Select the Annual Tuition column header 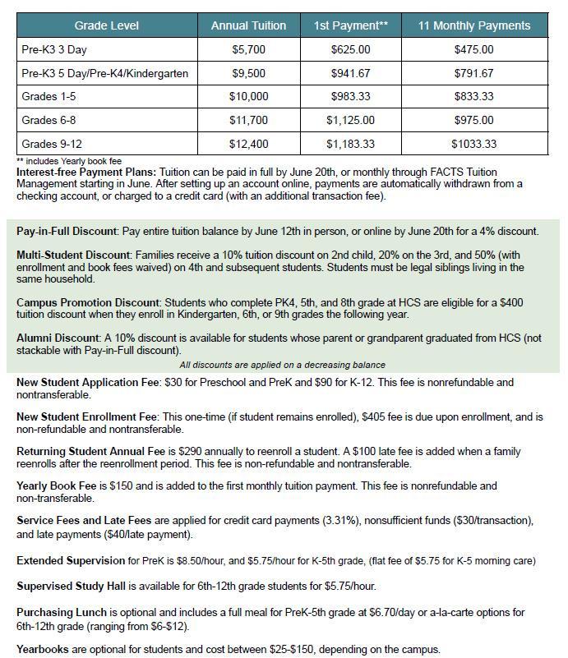248,25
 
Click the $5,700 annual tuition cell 248,49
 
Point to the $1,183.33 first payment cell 350,144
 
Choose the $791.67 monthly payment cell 473,73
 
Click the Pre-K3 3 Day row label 57,49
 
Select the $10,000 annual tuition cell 248,96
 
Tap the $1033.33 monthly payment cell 473,144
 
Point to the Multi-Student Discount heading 73,255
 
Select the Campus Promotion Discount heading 88,303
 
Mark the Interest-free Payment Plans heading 85,172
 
